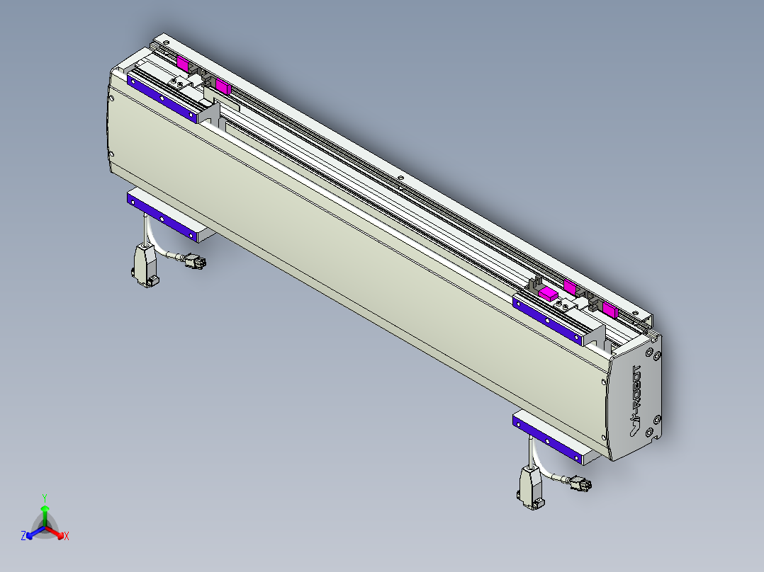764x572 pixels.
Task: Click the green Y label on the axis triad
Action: coord(45,498)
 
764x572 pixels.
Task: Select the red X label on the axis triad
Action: coord(66,536)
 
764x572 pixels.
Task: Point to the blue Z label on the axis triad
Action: coord(23,536)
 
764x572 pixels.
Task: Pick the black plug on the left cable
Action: coord(195,262)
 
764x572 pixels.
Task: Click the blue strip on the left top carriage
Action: coord(162,98)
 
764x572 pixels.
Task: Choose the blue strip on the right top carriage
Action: coord(548,320)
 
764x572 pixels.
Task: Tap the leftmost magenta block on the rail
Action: coord(183,64)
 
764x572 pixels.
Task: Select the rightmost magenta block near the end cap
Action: coord(609,308)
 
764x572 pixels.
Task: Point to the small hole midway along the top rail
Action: coord(400,178)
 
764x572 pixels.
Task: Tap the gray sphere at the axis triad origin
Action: coord(45,527)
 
